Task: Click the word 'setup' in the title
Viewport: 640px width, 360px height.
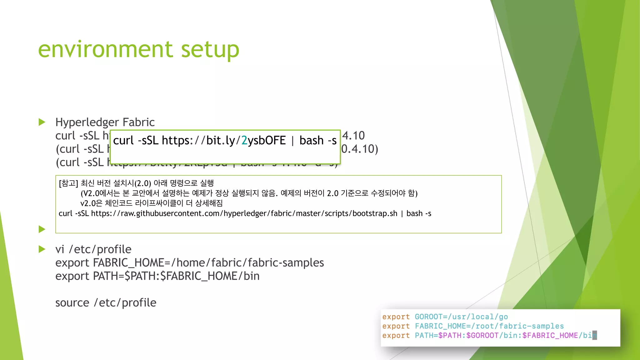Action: pyautogui.click(x=210, y=50)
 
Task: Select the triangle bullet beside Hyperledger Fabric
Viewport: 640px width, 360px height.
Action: pyautogui.click(x=42, y=122)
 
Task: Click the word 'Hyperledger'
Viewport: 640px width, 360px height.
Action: pyautogui.click(x=87, y=122)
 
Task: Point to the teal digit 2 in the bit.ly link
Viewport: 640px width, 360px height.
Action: pyautogui.click(x=244, y=141)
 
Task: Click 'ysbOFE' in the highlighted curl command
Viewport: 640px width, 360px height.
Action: pyautogui.click(x=267, y=141)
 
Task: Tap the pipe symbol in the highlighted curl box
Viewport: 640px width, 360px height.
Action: pyautogui.click(x=292, y=141)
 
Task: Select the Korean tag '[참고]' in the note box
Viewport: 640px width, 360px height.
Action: pyautogui.click(x=68, y=183)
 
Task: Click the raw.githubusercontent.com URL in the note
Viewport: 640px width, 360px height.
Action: pyautogui.click(x=244, y=213)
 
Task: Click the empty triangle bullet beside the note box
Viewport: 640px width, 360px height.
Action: pyautogui.click(x=42, y=229)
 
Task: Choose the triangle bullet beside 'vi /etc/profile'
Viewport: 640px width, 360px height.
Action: pyautogui.click(x=42, y=249)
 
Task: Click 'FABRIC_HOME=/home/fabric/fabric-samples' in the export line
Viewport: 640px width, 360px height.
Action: pyautogui.click(x=208, y=263)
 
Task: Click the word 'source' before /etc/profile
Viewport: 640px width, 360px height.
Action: pyautogui.click(x=72, y=303)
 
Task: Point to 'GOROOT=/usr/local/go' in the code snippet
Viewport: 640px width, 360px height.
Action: pyautogui.click(x=461, y=317)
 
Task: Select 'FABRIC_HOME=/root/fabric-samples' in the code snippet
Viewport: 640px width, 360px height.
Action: pyautogui.click(x=489, y=326)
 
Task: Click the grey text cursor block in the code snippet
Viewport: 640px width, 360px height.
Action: pyautogui.click(x=594, y=335)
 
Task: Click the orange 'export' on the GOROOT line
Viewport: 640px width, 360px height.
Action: pyautogui.click(x=396, y=317)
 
